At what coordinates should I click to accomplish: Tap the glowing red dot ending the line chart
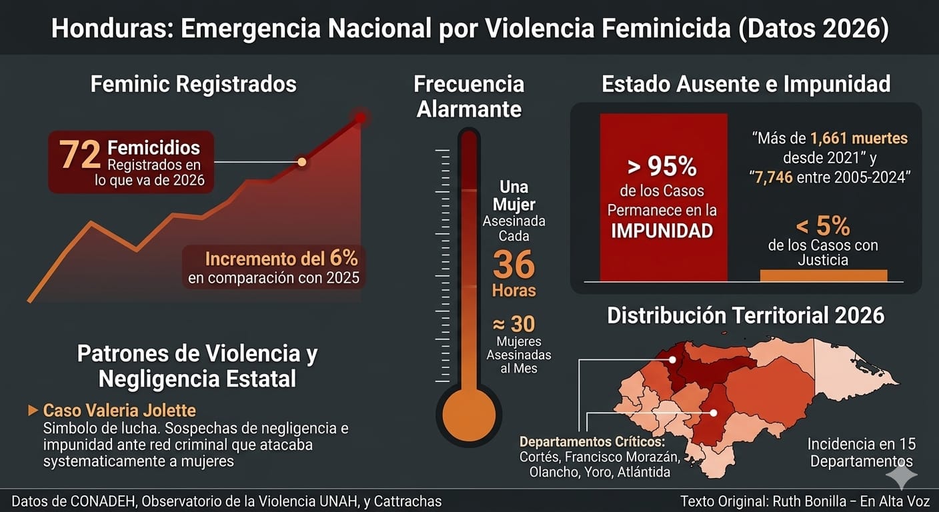point(361,118)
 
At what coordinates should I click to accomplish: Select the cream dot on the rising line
point(302,161)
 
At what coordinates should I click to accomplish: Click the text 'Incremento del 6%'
point(281,259)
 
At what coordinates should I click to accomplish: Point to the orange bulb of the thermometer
point(469,414)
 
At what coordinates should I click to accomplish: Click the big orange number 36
point(514,265)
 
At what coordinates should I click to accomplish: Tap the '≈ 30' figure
point(514,324)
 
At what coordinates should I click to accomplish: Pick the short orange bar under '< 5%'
point(823,275)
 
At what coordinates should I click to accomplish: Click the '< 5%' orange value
point(823,227)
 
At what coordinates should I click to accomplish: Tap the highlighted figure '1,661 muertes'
point(859,139)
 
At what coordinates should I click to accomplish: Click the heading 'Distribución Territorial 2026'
point(746,315)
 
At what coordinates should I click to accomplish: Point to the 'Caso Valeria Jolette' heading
point(119,411)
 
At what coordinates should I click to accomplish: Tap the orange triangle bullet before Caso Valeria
point(33,411)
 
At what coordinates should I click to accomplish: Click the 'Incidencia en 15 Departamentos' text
point(861,453)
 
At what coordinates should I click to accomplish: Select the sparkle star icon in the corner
point(901,475)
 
